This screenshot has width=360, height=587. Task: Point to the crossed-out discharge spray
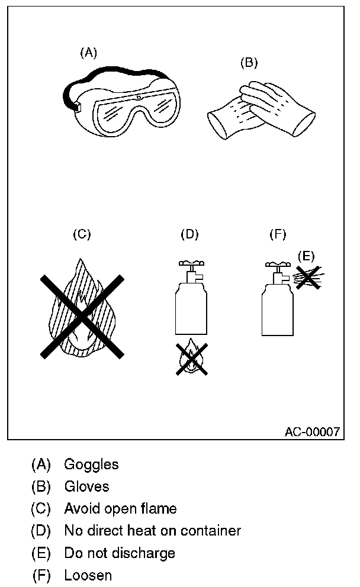pos(307,276)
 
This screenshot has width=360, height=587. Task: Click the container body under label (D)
pos(190,308)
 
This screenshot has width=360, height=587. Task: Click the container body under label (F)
pos(278,308)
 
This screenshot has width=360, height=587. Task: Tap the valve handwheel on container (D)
pos(190,262)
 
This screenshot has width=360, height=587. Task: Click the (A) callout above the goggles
pos(88,53)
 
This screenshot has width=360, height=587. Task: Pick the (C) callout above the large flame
pos(82,234)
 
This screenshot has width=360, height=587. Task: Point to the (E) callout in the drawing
pos(306,256)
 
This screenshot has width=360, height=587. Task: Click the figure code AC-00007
pos(312,432)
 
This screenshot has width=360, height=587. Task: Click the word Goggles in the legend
pos(91,465)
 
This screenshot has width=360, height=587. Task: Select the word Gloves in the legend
pos(86,486)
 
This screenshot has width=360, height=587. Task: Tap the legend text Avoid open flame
pos(120,508)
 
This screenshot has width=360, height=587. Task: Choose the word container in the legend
pos(214,531)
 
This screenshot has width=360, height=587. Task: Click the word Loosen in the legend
pos(88,575)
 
